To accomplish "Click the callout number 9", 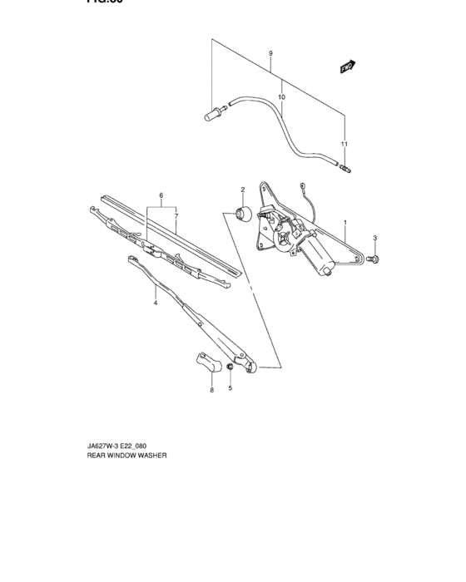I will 271,54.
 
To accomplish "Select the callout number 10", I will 281,97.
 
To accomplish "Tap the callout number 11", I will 345,145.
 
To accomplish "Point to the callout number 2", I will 243,190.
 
